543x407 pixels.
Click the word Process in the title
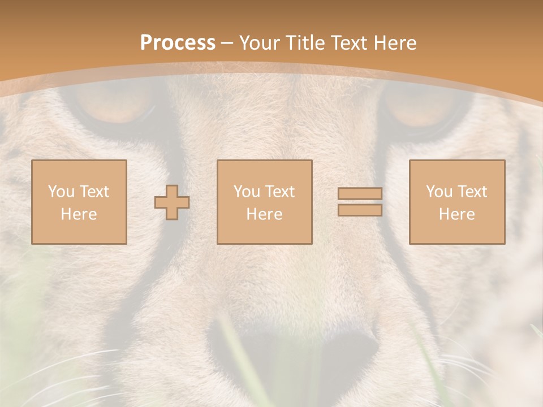(178, 42)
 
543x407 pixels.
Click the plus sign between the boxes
(172, 202)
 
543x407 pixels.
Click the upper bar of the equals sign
(360, 193)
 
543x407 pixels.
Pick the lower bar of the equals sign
(360, 210)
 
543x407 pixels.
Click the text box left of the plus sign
(79, 202)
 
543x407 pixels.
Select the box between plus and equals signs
(264, 202)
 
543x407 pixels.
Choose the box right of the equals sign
(456, 202)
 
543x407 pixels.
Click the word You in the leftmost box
(61, 192)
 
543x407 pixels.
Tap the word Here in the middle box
(264, 214)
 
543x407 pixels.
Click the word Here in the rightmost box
(456, 214)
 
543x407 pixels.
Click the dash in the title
(227, 43)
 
